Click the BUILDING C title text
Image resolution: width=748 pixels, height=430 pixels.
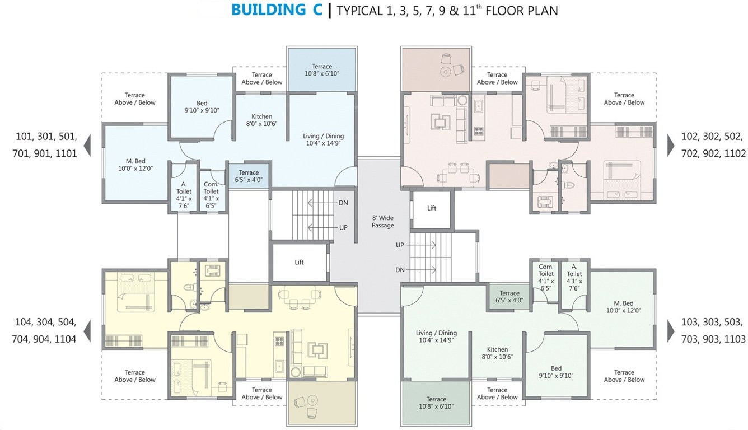pos(277,10)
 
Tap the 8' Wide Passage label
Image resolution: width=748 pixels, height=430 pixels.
pos(383,221)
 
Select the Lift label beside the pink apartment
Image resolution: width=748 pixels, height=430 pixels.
pos(432,208)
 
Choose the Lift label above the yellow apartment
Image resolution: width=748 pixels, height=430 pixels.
pos(299,262)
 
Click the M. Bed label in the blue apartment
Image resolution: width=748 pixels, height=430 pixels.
pos(135,164)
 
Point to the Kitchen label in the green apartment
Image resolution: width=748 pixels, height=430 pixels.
pos(497,353)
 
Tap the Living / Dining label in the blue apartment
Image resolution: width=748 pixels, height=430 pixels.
pos(323,139)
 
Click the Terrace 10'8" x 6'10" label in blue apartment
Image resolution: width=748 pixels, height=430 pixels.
pos(322,70)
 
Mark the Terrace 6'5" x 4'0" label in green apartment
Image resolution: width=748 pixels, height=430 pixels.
pos(509,296)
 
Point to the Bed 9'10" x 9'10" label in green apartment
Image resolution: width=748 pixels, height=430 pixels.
pos(556,372)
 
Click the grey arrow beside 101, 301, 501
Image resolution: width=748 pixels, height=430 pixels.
pos(87,147)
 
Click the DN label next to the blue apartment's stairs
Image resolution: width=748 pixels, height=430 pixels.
pos(343,203)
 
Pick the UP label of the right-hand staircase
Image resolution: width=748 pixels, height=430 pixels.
pos(400,245)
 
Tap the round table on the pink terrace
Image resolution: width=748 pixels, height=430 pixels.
pos(446,72)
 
